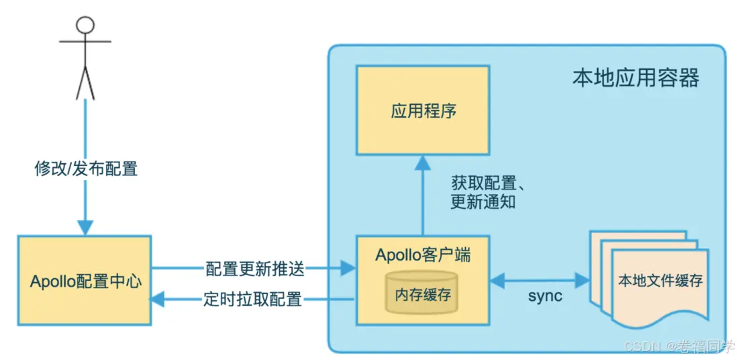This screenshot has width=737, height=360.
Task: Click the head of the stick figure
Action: [85, 26]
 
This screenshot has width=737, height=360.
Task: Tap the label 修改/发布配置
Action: [86, 169]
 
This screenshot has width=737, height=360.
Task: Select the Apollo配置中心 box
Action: [85, 281]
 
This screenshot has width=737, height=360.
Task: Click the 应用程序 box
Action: [423, 110]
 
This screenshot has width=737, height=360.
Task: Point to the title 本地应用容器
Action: [635, 78]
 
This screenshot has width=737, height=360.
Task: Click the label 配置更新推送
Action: [254, 269]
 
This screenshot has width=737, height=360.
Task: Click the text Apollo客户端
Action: [422, 255]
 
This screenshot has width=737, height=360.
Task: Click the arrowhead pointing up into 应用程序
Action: [423, 161]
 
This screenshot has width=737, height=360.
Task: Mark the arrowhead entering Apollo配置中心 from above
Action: [85, 227]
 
